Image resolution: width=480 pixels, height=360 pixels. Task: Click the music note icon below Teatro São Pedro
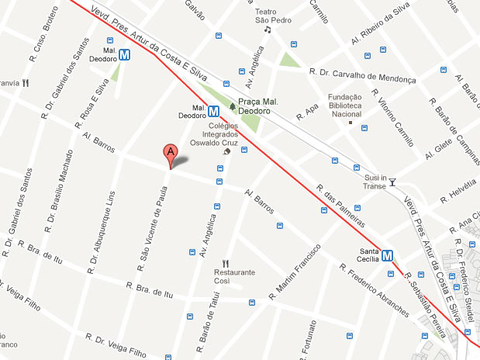click(268, 30)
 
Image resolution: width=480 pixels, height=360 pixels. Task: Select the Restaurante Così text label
click(234, 277)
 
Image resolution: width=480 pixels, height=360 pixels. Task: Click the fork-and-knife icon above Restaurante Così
click(226, 263)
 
